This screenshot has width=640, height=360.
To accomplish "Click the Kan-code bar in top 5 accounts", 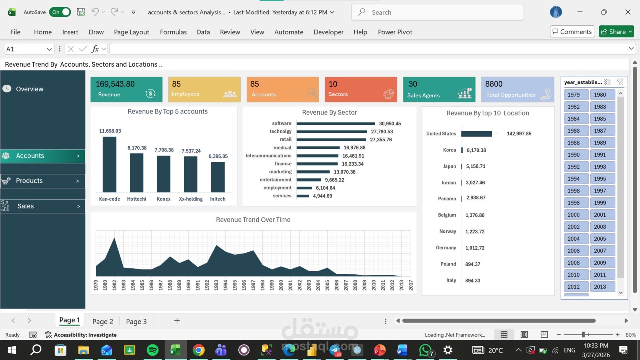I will [x=109, y=164].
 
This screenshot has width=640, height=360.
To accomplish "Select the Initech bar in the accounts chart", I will [x=218, y=177].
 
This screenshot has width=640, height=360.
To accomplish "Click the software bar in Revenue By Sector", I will [x=336, y=124].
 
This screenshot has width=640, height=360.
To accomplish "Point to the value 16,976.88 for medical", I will [x=354, y=148].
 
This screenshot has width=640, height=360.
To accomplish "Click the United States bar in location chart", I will [x=476, y=134].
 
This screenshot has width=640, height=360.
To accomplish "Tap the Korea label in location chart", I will [x=449, y=150].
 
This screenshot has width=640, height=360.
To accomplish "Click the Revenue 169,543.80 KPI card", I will [x=126, y=89].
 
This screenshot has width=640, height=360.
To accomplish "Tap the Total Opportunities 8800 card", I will [x=517, y=89].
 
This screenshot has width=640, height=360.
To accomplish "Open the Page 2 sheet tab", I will [x=103, y=321].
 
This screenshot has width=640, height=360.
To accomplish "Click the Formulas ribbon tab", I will [x=173, y=32].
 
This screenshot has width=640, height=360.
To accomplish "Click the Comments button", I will [x=572, y=32].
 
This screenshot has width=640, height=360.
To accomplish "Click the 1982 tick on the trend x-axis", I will [x=114, y=285].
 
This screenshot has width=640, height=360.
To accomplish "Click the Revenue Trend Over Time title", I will [x=253, y=220].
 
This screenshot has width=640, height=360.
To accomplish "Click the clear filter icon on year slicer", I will [x=620, y=82].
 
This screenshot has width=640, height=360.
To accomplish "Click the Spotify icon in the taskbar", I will [x=152, y=350].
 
